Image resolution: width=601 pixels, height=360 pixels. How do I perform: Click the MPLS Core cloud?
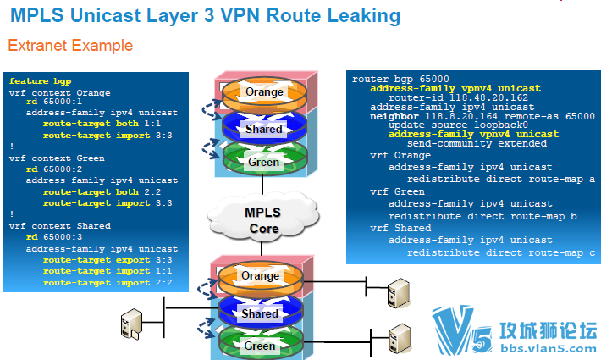[263, 219]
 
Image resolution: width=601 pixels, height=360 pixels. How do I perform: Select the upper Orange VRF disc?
[264, 94]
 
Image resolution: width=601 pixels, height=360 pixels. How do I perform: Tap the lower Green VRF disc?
[261, 342]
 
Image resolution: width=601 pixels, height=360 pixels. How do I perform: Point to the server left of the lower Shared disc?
[131, 324]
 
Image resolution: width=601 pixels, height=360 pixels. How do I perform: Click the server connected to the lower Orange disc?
[399, 293]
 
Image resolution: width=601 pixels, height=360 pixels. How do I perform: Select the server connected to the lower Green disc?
[400, 339]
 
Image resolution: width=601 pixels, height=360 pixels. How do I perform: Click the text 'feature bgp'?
[40, 81]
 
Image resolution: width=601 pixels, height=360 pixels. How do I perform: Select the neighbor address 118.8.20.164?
[461, 116]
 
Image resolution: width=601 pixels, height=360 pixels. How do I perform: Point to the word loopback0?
[500, 125]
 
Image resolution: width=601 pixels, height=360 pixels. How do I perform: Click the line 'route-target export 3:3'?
[108, 260]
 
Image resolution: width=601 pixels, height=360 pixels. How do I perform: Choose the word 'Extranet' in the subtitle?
[37, 45]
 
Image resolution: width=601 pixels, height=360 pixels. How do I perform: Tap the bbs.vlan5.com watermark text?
[549, 348]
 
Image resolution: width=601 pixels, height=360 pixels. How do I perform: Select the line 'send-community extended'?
[477, 143]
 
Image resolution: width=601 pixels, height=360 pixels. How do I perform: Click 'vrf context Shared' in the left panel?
[60, 226]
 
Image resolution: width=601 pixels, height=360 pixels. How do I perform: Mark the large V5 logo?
[462, 330]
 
